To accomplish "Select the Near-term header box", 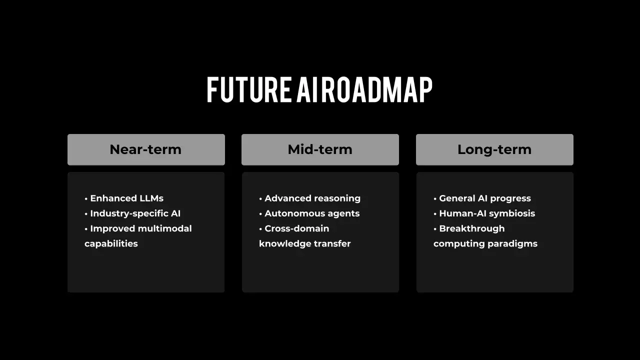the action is click(146, 149).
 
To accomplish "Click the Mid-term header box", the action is click(320, 149).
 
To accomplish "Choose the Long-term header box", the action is click(494, 149).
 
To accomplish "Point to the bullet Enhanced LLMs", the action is click(124, 198).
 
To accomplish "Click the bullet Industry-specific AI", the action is click(132, 213).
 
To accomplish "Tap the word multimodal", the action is click(165, 228).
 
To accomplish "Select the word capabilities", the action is click(111, 243).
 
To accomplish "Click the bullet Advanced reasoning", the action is click(309, 198).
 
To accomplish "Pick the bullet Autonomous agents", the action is click(309, 213).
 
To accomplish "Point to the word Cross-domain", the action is click(297, 228).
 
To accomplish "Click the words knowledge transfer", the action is click(305, 243).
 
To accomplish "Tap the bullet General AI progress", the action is click(482, 198).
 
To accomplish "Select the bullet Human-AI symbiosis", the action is click(484, 213).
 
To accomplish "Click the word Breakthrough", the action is click(472, 228).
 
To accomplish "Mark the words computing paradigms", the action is click(485, 243).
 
